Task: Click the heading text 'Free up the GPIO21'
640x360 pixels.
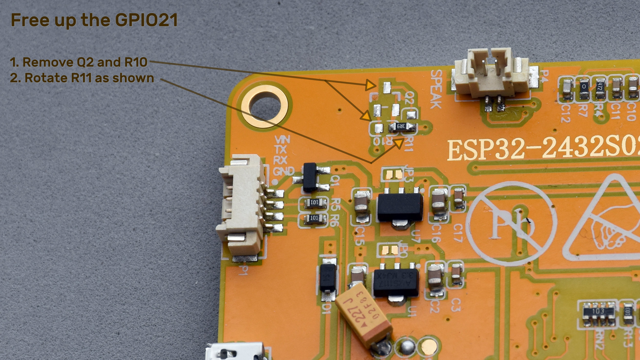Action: pos(94,20)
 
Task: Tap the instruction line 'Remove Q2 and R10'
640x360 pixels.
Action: pos(79,62)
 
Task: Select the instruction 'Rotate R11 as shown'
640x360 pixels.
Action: pos(82,78)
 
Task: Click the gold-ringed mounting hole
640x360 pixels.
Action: pos(264,107)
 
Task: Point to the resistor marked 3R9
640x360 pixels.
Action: pos(401,126)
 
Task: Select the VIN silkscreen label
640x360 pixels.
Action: pos(282,140)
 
